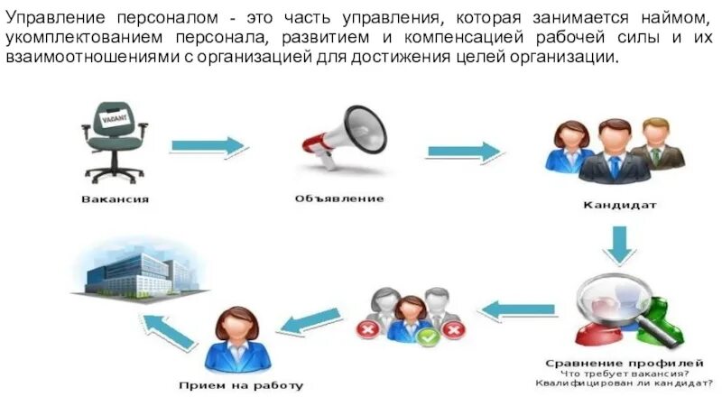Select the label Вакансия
pos(115,198)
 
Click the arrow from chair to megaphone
pos(208,146)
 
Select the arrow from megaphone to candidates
pos(463,151)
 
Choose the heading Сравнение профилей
pos(618,363)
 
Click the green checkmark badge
pos(429,339)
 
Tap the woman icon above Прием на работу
pos(237,340)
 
